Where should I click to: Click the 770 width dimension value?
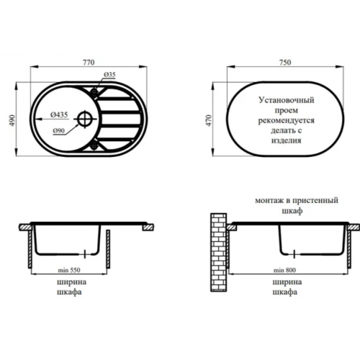pyautogui.click(x=89, y=63)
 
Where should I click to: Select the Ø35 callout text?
pyautogui.click(x=109, y=75)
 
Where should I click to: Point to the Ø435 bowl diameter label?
pyautogui.click(x=59, y=115)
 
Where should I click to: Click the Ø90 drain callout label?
pyautogui.click(x=59, y=131)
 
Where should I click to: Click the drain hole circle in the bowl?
pyautogui.click(x=85, y=119)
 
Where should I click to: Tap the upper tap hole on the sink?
pyautogui.click(x=94, y=91)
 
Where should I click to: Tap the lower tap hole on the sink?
pyautogui.click(x=94, y=145)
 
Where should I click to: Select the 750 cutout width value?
pyautogui.click(x=285, y=63)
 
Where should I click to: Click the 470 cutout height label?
pyautogui.click(x=210, y=121)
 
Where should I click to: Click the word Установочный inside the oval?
pyautogui.click(x=287, y=100)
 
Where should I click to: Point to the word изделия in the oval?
pyautogui.click(x=287, y=140)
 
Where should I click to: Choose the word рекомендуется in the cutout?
pyautogui.click(x=287, y=120)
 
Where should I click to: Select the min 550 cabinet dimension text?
pyautogui.click(x=69, y=270)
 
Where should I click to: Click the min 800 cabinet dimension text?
pyautogui.click(x=284, y=270)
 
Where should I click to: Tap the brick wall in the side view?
pyautogui.click(x=219, y=252)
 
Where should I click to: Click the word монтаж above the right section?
pyautogui.click(x=267, y=200)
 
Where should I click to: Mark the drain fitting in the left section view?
pyautogui.click(x=84, y=254)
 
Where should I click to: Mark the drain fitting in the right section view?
pyautogui.click(x=294, y=254)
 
